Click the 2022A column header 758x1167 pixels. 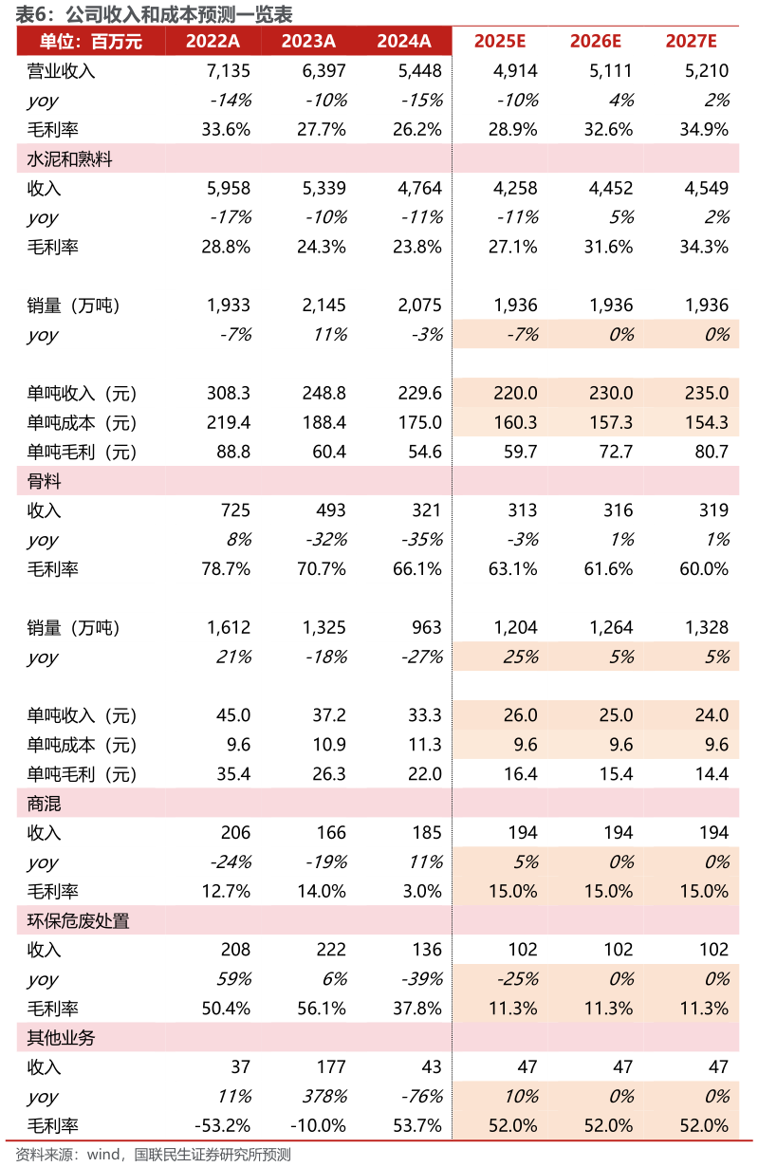coord(213,41)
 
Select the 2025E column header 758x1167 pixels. coord(500,41)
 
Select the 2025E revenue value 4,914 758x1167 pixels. coord(516,70)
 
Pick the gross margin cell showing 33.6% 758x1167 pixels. coord(226,129)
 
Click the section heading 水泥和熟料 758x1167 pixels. coord(69,158)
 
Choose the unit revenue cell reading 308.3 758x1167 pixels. coord(229,393)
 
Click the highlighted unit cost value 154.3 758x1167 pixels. coord(707,422)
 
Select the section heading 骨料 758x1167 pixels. coord(45,481)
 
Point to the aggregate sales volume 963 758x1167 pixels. coord(427,627)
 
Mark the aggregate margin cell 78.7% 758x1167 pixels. coord(226,568)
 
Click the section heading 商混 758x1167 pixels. coord(45,803)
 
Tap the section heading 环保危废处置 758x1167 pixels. coord(78,920)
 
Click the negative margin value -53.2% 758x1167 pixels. coord(222,1125)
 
